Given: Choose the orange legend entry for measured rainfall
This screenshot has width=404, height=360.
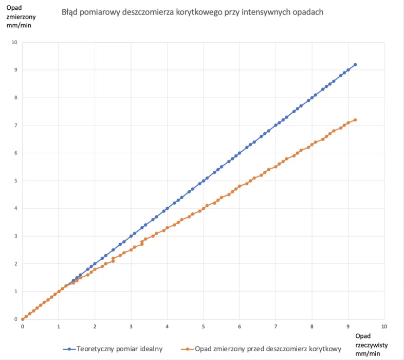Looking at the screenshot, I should tap(265, 349).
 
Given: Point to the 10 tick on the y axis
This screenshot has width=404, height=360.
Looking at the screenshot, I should tap(14, 42).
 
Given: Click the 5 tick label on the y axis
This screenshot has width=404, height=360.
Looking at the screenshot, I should tap(15, 181).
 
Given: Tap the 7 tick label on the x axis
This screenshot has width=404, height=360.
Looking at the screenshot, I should tap(276, 327).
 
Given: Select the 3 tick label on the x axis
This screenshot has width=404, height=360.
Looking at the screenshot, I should tap(131, 327).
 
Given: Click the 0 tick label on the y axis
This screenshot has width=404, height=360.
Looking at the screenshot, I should tap(15, 319).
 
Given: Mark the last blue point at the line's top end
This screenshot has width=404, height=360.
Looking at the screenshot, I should tap(355, 65).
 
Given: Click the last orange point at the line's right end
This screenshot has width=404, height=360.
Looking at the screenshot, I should tap(355, 120).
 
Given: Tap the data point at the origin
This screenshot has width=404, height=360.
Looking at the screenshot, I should tap(23, 319).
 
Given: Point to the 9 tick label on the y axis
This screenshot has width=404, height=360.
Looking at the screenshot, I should tap(15, 70).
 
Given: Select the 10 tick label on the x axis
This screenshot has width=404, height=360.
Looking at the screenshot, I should tap(384, 327).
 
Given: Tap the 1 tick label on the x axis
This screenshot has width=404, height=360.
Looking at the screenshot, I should tap(59, 327).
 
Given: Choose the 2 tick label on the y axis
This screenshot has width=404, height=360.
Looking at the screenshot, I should tap(15, 264).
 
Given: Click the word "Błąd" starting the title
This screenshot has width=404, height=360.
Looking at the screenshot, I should tap(70, 12).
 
